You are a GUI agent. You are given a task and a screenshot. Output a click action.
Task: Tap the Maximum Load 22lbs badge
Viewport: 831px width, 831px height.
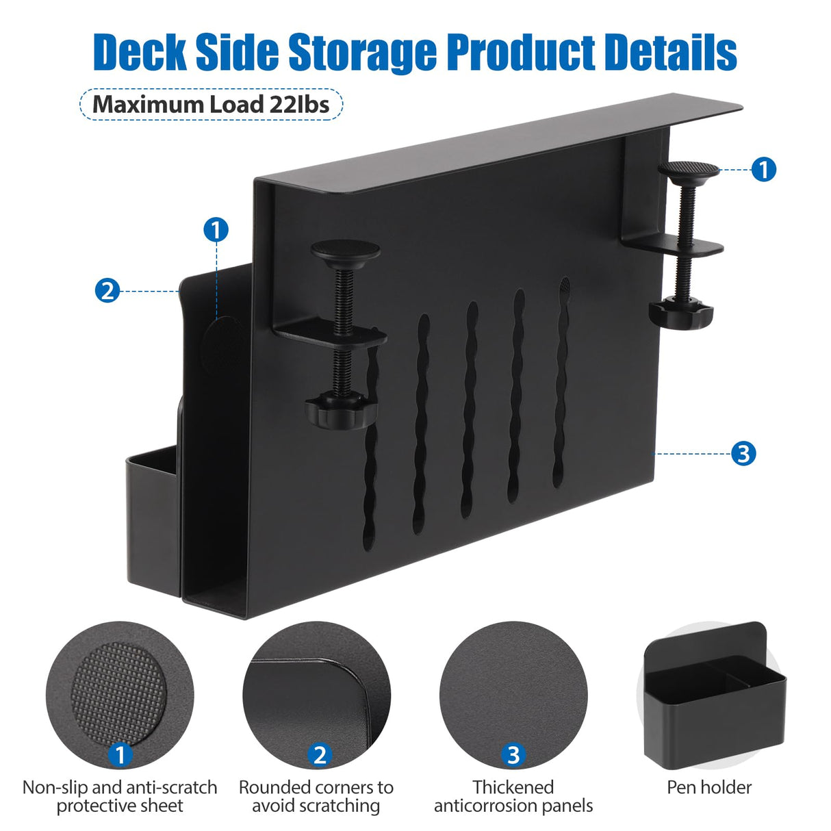pyautogui.click(x=211, y=105)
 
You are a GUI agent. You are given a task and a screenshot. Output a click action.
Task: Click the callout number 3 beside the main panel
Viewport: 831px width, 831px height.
pyautogui.click(x=743, y=453)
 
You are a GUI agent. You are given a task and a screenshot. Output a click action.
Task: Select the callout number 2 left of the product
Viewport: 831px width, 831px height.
pyautogui.click(x=107, y=291)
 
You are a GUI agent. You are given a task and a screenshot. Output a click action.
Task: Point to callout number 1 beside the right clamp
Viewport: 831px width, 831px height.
pyautogui.click(x=763, y=169)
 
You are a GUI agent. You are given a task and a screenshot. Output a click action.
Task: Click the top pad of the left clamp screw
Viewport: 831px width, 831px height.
pyautogui.click(x=346, y=250)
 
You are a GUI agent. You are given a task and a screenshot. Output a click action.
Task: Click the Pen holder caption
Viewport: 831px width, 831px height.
pyautogui.click(x=709, y=787)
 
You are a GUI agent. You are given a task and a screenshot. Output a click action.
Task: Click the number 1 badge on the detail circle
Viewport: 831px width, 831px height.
pyautogui.click(x=120, y=755)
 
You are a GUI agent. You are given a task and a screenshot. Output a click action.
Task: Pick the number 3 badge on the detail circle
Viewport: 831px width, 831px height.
pyautogui.click(x=513, y=755)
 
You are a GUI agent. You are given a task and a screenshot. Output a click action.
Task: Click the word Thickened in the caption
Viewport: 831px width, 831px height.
pyautogui.click(x=513, y=787)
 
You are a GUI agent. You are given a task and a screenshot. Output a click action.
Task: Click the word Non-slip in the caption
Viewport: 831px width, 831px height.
pyautogui.click(x=55, y=787)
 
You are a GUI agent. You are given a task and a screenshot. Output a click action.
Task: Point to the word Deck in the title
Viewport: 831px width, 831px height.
pyautogui.click(x=139, y=52)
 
